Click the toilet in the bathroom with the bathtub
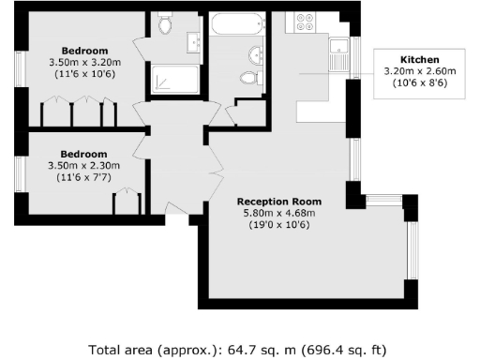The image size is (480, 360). click(249, 78)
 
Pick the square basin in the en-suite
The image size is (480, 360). click(196, 41)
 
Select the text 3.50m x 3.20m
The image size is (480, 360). click(84, 62)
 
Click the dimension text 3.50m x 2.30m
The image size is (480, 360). click(84, 165)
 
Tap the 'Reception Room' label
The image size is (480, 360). click(279, 202)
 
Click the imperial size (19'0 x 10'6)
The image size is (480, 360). click(279, 225)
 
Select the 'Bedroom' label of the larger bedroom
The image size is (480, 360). click(84, 51)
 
